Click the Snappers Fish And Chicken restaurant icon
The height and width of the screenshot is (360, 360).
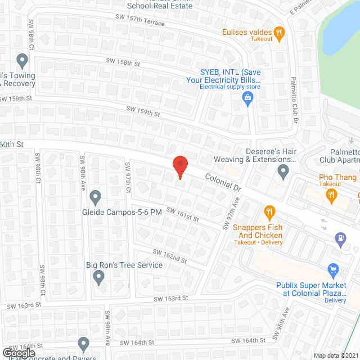click(269, 212)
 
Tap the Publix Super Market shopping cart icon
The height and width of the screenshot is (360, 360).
click(332, 271)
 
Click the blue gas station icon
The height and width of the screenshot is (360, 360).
click(340, 238)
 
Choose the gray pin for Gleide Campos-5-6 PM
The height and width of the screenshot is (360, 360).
click(95, 197)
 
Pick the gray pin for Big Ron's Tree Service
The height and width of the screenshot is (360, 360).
click(99, 276)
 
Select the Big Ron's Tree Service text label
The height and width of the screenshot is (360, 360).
click(124, 265)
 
